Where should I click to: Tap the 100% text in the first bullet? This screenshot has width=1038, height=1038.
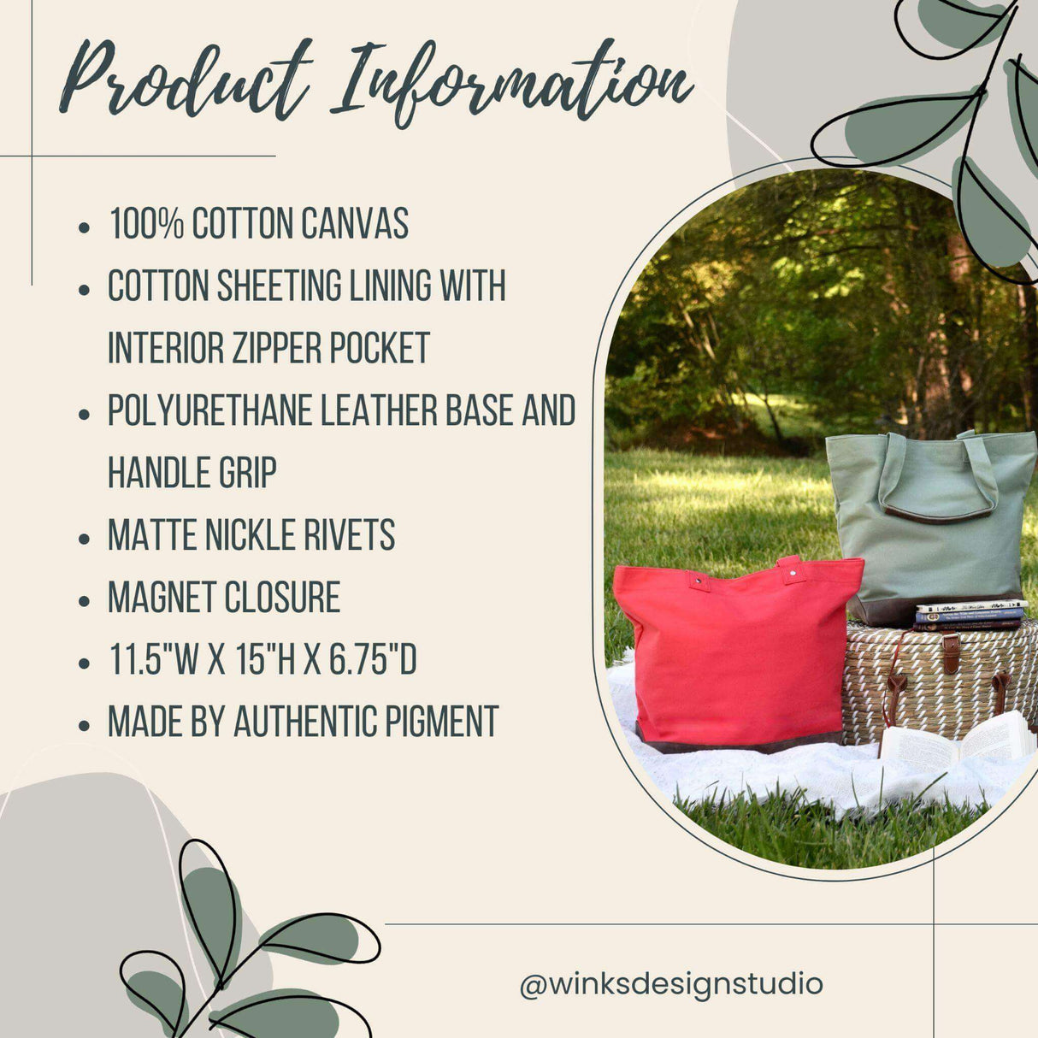(146, 224)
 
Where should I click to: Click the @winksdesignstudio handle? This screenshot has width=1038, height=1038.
(671, 983)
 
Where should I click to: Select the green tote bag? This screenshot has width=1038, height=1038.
(932, 522)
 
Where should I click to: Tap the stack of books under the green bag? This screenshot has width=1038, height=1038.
(969, 615)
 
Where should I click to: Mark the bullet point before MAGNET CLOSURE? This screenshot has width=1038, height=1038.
(84, 600)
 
